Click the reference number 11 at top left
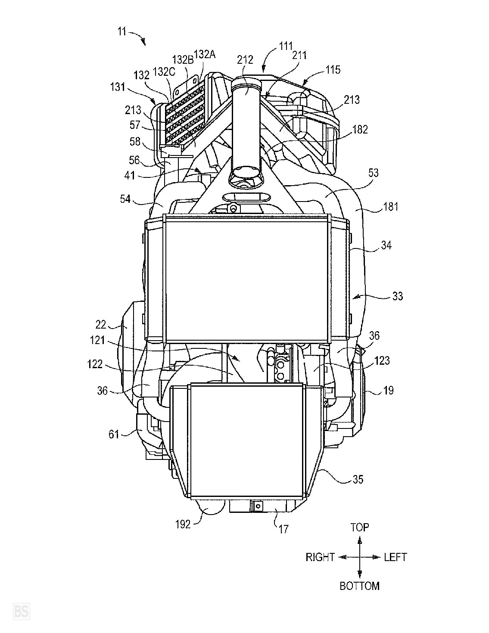122,31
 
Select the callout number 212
245,60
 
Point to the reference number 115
333,70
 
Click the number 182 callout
360,130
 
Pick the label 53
373,173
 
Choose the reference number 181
390,207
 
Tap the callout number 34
386,245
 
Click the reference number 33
398,296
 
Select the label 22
101,325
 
